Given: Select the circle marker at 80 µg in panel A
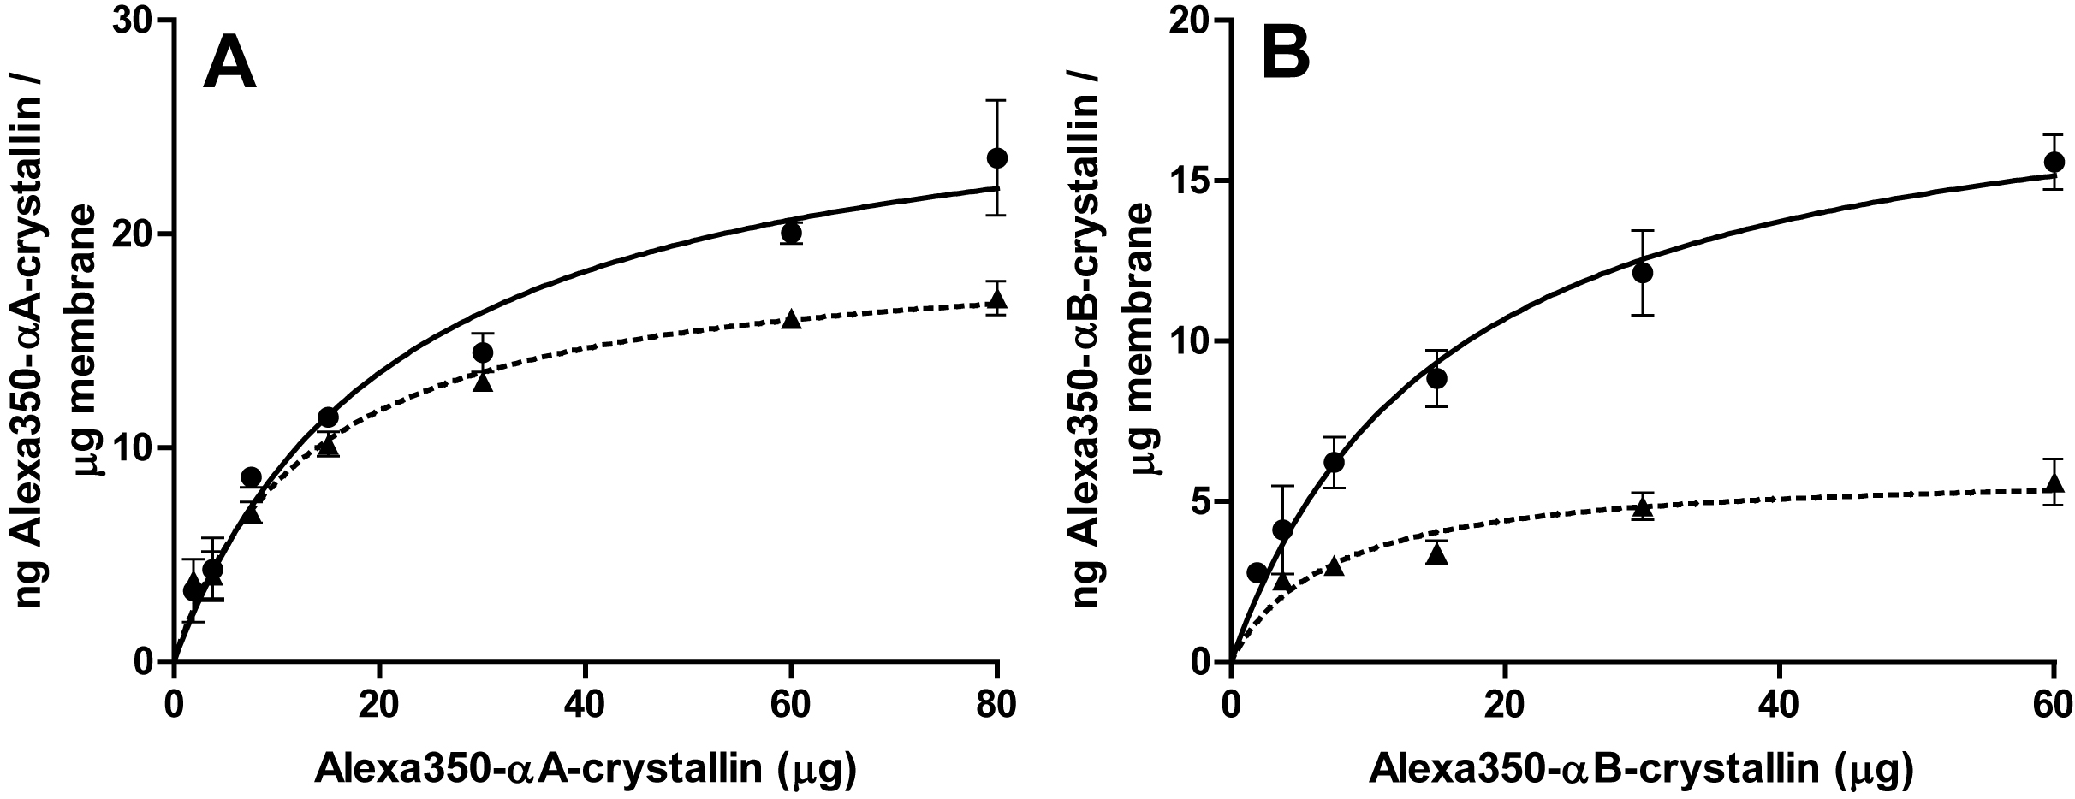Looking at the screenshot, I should click(996, 157).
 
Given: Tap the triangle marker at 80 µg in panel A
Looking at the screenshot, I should click(996, 299).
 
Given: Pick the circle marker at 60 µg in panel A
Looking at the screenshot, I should click(791, 232).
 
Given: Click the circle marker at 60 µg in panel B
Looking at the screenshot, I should click(2054, 162).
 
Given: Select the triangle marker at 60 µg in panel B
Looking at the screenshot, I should click(2054, 484).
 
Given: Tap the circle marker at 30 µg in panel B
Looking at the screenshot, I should click(1642, 273).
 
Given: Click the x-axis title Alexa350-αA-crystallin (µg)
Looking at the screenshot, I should click(585, 769).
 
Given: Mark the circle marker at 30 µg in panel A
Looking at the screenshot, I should click(483, 352).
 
